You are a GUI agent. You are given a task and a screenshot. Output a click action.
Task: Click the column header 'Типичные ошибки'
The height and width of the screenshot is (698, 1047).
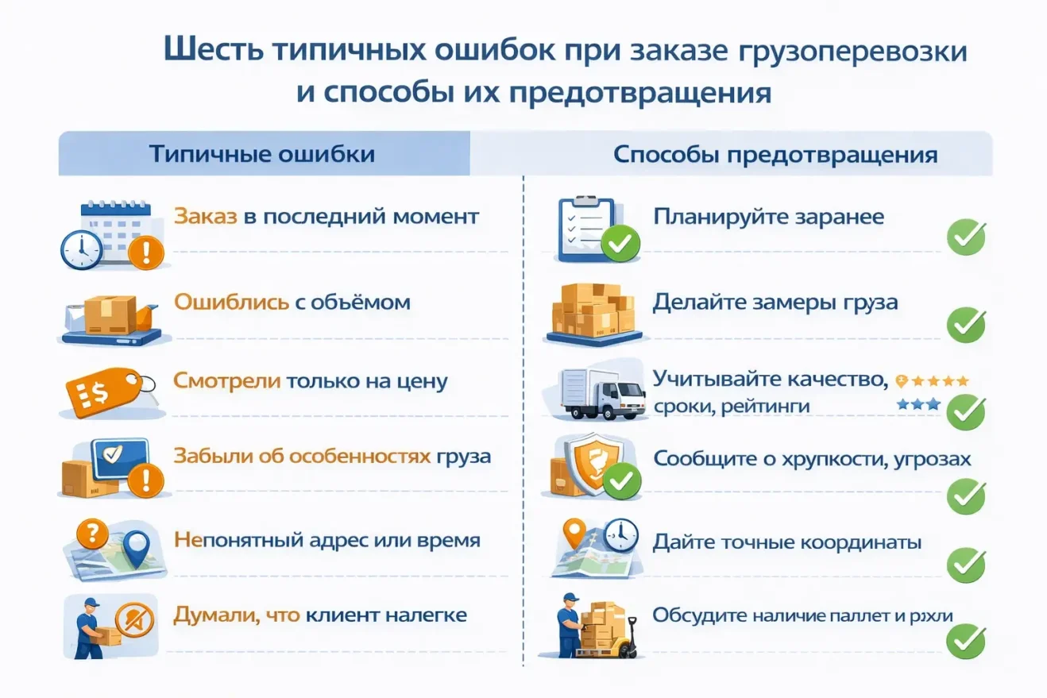pos(262,153)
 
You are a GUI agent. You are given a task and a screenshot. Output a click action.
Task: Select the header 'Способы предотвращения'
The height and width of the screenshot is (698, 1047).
pos(775,154)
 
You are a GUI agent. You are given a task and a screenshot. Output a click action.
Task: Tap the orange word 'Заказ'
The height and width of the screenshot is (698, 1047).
pos(205,216)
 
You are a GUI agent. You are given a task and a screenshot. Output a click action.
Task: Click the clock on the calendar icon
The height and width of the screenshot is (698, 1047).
pos(81,249)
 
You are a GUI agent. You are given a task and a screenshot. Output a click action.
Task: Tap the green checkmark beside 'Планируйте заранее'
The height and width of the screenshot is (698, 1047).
pos(966,237)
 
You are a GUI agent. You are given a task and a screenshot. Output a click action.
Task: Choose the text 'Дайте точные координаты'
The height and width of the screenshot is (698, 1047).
pos(786,542)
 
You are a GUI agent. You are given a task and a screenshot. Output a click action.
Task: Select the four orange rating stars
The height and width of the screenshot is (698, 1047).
pos(937,380)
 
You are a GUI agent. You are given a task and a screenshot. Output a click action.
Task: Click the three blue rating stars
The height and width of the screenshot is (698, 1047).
pos(918,404)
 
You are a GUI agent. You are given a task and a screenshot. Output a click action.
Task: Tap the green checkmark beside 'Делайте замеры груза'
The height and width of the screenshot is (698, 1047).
pos(966,324)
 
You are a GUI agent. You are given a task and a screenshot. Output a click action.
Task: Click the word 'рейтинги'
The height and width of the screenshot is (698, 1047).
pos(767,406)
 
